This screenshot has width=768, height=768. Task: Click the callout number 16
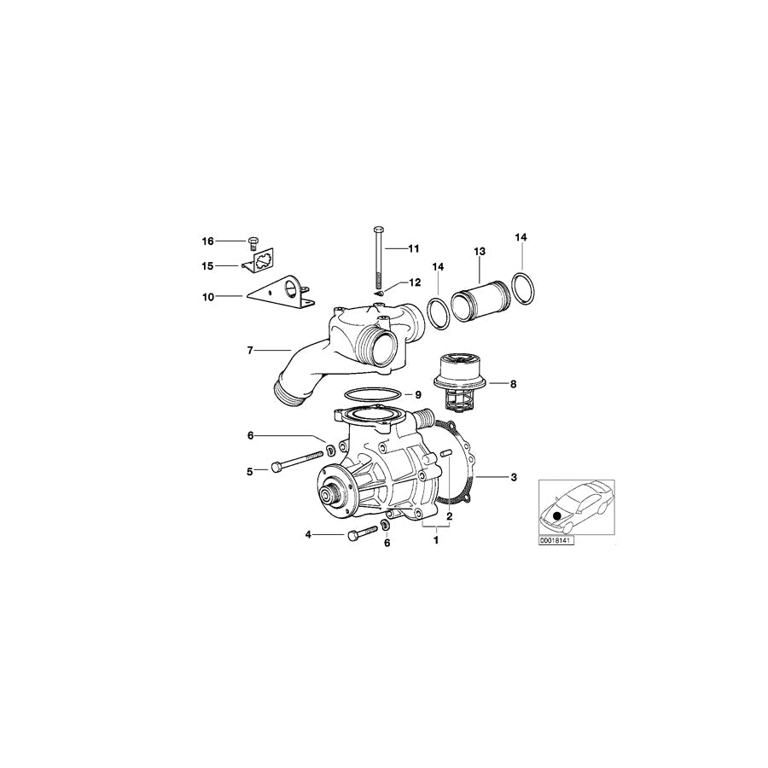tap(207, 241)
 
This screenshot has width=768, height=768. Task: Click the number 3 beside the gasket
tap(513, 477)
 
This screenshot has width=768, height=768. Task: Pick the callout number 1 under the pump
tap(437, 539)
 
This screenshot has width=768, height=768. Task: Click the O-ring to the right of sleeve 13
tap(521, 288)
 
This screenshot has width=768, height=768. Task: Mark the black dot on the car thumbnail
tap(558, 515)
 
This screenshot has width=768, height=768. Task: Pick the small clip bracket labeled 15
tap(263, 263)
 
